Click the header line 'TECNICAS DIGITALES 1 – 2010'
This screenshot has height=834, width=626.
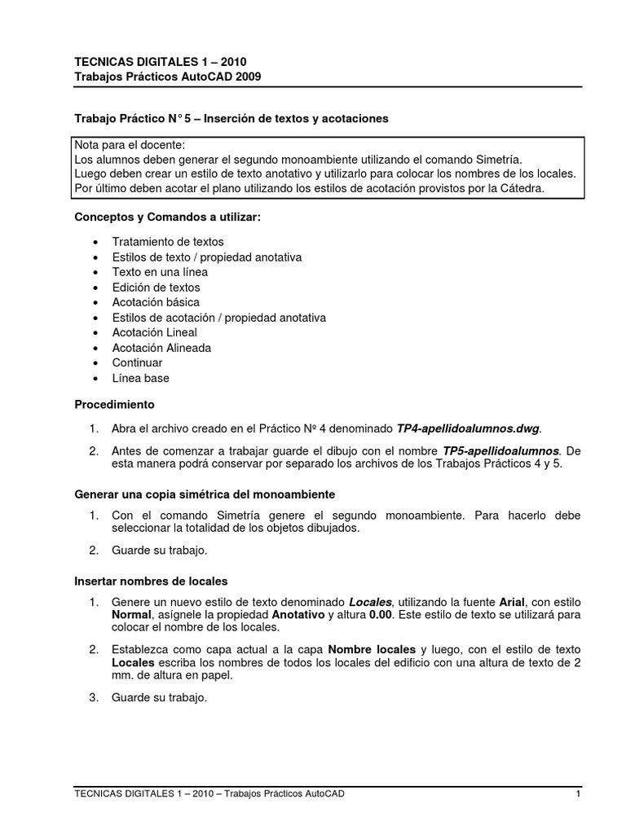click(161, 61)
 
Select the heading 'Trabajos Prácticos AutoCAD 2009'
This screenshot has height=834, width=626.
click(168, 76)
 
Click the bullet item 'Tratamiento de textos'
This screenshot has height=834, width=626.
click(168, 242)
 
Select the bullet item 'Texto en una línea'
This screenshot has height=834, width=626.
click(160, 272)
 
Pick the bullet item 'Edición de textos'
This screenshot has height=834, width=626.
click(156, 288)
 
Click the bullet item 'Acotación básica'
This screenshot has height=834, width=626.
click(156, 302)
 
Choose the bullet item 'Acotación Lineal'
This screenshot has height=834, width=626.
click(155, 332)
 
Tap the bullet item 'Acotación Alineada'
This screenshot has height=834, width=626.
click(161, 348)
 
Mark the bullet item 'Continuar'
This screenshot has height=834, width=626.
click(137, 362)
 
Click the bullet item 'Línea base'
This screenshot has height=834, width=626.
click(141, 378)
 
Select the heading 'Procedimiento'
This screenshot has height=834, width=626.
click(115, 404)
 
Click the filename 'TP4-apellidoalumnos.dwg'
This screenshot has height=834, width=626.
click(468, 428)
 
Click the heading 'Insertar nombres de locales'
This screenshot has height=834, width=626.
click(151, 581)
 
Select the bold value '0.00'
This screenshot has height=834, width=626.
click(383, 615)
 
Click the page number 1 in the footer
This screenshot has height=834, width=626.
click(577, 794)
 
